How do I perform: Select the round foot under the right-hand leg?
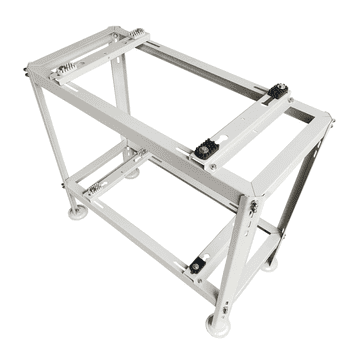271,265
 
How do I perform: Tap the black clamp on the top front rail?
204,151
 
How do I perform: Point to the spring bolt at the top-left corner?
62,71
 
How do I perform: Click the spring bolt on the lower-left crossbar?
94,186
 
